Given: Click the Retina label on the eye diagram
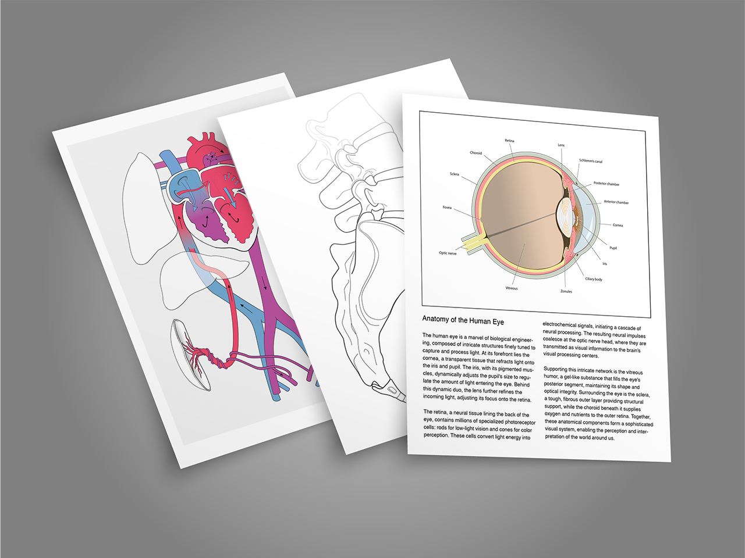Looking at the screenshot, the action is pyautogui.click(x=509, y=141).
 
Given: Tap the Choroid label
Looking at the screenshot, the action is pyautogui.click(x=476, y=153).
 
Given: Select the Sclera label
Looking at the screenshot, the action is pyautogui.click(x=454, y=174).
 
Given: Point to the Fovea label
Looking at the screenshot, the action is pyautogui.click(x=447, y=208).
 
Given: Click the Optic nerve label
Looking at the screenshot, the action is pyautogui.click(x=448, y=253).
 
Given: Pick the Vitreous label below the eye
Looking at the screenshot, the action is pyautogui.click(x=512, y=288).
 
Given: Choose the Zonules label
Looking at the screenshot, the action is pyautogui.click(x=566, y=291).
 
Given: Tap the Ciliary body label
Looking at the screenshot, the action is pyautogui.click(x=594, y=280).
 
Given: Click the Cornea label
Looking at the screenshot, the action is pyautogui.click(x=618, y=226).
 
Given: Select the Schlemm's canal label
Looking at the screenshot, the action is pyautogui.click(x=591, y=161).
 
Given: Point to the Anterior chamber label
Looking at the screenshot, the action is pyautogui.click(x=616, y=202).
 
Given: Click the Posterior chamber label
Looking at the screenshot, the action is pyautogui.click(x=606, y=184).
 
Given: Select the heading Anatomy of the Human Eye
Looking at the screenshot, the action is pyautogui.click(x=463, y=321).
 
